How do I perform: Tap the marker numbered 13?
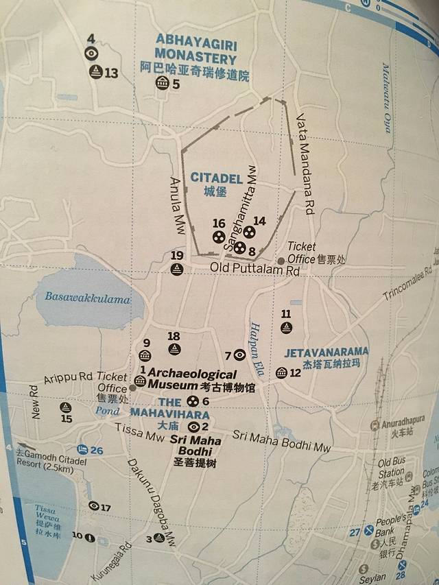pos(97,72)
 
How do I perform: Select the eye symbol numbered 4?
pos(91,53)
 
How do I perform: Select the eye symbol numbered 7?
pos(239,355)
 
